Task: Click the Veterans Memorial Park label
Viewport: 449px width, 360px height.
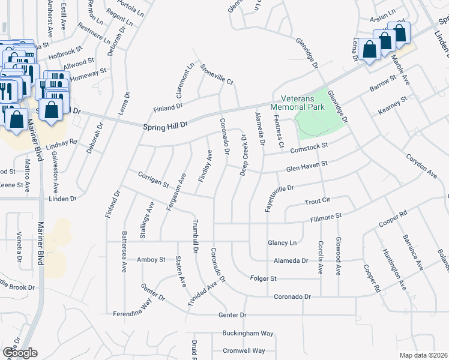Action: click(x=297, y=103)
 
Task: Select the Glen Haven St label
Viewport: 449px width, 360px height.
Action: click(x=307, y=166)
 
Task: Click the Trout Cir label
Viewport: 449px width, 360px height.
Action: click(x=318, y=202)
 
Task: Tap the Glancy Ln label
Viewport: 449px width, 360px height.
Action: click(x=282, y=242)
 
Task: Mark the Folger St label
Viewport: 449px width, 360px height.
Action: click(x=264, y=278)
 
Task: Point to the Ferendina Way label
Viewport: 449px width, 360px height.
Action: click(x=131, y=314)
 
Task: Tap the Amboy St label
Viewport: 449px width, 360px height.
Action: click(x=151, y=260)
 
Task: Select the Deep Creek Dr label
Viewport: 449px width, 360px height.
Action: click(x=244, y=155)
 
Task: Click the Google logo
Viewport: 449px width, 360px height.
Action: click(x=20, y=353)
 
